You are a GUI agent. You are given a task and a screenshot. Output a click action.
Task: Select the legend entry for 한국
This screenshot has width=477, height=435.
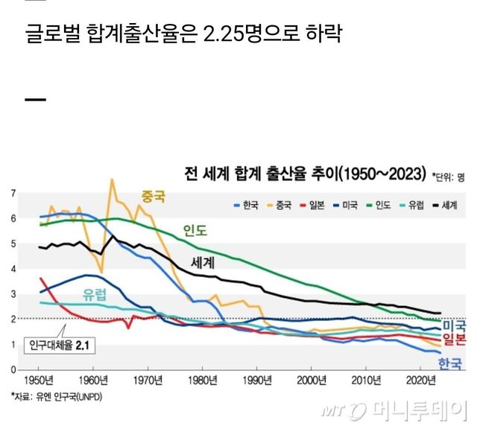247,204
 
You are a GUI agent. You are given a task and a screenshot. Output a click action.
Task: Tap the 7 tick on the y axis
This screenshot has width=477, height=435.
13,194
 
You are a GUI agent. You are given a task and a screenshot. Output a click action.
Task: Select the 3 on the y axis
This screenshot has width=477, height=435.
13,294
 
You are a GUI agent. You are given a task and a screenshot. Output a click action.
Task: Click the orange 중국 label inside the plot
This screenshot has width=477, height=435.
154,197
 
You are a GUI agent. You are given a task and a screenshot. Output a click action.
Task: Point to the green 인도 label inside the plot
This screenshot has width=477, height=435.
195,229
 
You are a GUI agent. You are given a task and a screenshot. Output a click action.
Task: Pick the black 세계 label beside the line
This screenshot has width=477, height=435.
203,262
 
